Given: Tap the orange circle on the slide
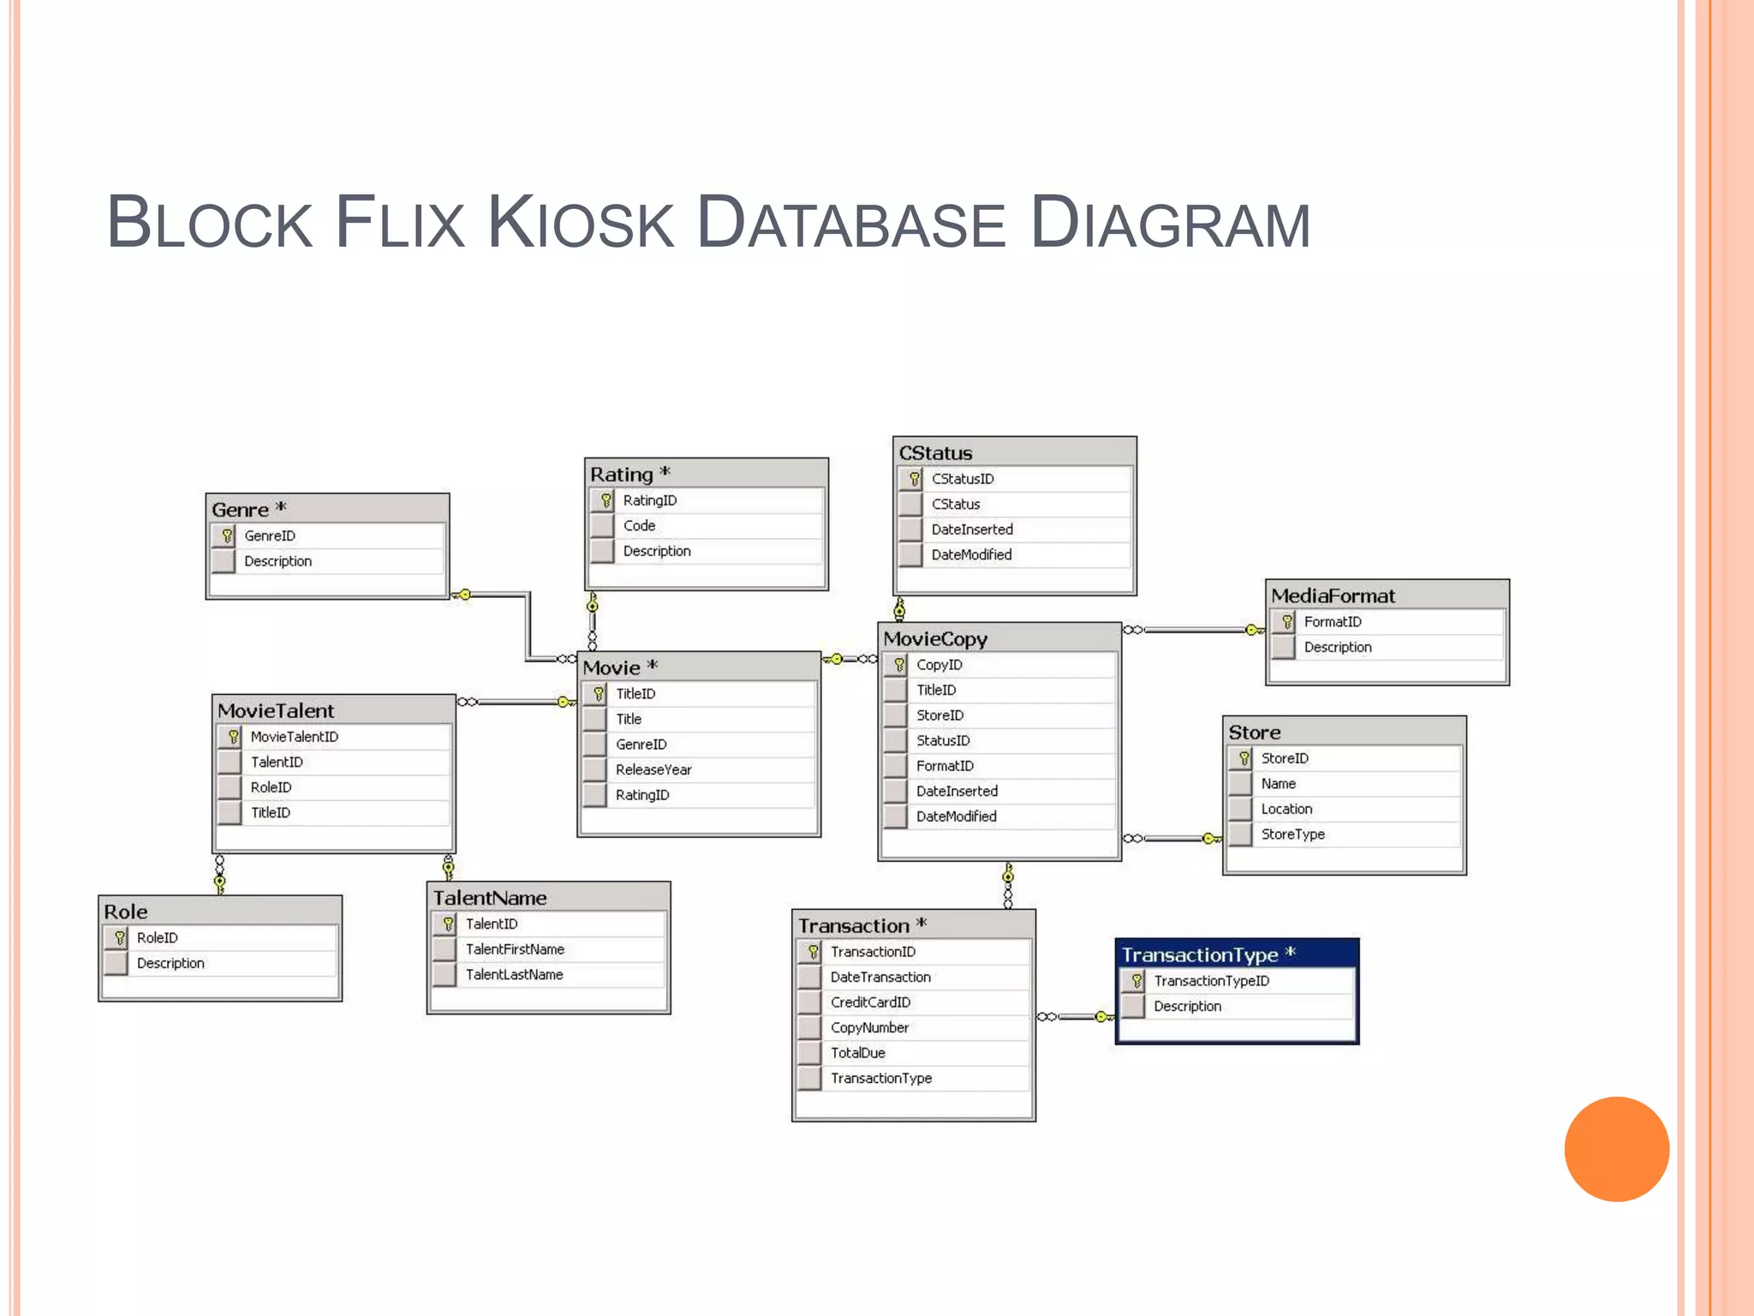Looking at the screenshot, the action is pos(1616,1149).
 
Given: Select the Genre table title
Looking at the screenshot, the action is pos(241,510).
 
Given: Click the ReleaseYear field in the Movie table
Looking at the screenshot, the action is pos(653,769).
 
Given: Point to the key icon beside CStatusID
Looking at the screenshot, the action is pos(914,479).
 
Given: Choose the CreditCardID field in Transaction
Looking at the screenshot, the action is pos(870,1002).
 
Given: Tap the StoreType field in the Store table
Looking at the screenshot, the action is pos(1292,834).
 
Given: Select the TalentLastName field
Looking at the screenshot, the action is pos(514,975).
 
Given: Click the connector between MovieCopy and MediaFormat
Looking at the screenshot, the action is pos(1195,630).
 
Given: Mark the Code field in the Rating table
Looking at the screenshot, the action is pos(639,526).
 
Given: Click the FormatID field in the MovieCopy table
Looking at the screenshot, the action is pos(945,766).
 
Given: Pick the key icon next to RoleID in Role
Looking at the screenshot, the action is pos(120,938).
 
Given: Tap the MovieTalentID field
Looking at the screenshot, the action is pos(294,737).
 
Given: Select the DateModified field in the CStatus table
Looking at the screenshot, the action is pos(971,555).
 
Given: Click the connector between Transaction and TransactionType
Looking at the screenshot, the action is pos(1076,1017).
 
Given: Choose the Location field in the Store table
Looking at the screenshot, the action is pos(1286,810).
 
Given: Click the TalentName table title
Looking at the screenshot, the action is pos(490,898).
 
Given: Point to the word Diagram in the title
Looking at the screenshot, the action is pos(1170,224).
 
